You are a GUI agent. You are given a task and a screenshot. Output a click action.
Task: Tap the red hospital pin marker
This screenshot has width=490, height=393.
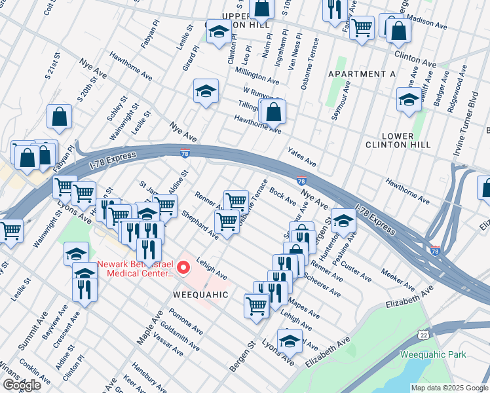(x=184, y=269)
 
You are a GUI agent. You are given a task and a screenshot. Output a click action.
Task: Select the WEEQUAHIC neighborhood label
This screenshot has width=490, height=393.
(x=200, y=295)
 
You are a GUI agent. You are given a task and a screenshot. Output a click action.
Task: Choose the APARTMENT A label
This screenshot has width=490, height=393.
(x=362, y=74)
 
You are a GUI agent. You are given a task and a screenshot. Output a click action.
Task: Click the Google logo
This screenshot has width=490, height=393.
(x=22, y=385)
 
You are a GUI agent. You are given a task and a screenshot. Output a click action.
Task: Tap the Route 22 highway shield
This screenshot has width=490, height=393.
(x=424, y=335)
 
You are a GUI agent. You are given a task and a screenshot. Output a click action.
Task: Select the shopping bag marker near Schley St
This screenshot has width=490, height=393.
(x=60, y=118)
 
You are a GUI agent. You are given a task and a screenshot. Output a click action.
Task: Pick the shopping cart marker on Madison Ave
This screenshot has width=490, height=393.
(x=361, y=28)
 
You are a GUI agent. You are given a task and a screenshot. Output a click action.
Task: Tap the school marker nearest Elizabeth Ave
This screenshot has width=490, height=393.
(x=290, y=340)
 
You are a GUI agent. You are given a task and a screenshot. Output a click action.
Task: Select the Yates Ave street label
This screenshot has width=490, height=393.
(x=302, y=156)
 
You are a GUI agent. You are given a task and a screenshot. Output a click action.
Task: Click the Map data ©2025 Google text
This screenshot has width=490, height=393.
(x=449, y=388)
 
